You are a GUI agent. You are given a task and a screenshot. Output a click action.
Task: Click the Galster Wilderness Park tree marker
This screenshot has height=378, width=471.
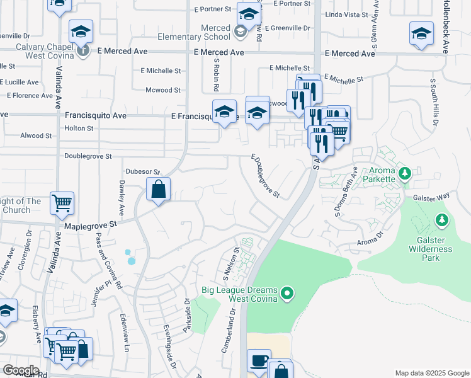[x=442, y=220]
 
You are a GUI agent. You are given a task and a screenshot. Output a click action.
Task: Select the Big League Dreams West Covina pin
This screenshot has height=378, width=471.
[x=287, y=293]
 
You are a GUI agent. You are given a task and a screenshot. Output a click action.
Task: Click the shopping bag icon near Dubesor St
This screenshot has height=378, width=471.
[x=159, y=188]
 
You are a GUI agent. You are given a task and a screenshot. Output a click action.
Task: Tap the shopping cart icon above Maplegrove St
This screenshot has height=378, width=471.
[x=62, y=203]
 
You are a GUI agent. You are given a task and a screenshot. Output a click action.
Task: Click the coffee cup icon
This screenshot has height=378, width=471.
[x=258, y=361]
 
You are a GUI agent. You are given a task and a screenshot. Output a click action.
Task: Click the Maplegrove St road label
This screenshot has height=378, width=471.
[x=91, y=224]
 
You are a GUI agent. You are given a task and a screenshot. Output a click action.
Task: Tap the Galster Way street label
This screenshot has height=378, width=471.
[x=431, y=197]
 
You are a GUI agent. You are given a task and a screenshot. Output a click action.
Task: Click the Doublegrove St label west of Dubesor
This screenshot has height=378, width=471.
[x=88, y=156]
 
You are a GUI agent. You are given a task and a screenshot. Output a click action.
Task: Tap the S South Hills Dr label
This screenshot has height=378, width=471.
[x=433, y=101]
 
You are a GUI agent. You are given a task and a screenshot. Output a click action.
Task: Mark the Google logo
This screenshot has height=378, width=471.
[x=21, y=370]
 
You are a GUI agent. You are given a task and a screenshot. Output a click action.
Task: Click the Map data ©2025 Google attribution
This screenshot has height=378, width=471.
[x=431, y=373]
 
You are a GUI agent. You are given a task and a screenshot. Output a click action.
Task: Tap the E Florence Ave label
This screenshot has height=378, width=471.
[x=30, y=96]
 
